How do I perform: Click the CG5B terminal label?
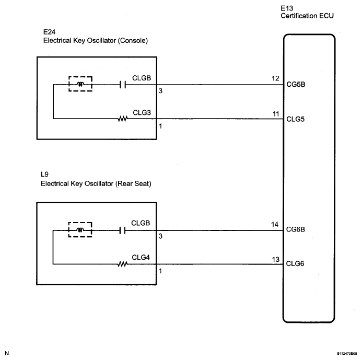296,84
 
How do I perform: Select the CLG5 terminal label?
295,119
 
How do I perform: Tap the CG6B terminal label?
296,229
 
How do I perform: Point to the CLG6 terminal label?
295,263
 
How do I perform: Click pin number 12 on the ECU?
275,78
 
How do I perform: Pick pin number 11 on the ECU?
276,114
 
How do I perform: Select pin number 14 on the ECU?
275,225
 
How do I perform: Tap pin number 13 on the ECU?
276,260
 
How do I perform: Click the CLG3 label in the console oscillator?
142,113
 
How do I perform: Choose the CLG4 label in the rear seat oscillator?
141,257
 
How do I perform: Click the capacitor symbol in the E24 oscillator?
123,85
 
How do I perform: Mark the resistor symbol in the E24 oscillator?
123,119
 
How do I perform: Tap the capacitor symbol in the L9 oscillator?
122,230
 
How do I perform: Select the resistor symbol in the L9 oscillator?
122,264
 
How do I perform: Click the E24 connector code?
49,32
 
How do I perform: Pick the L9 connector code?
44,174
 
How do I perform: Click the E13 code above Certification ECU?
287,8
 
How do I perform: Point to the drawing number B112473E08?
347,354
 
